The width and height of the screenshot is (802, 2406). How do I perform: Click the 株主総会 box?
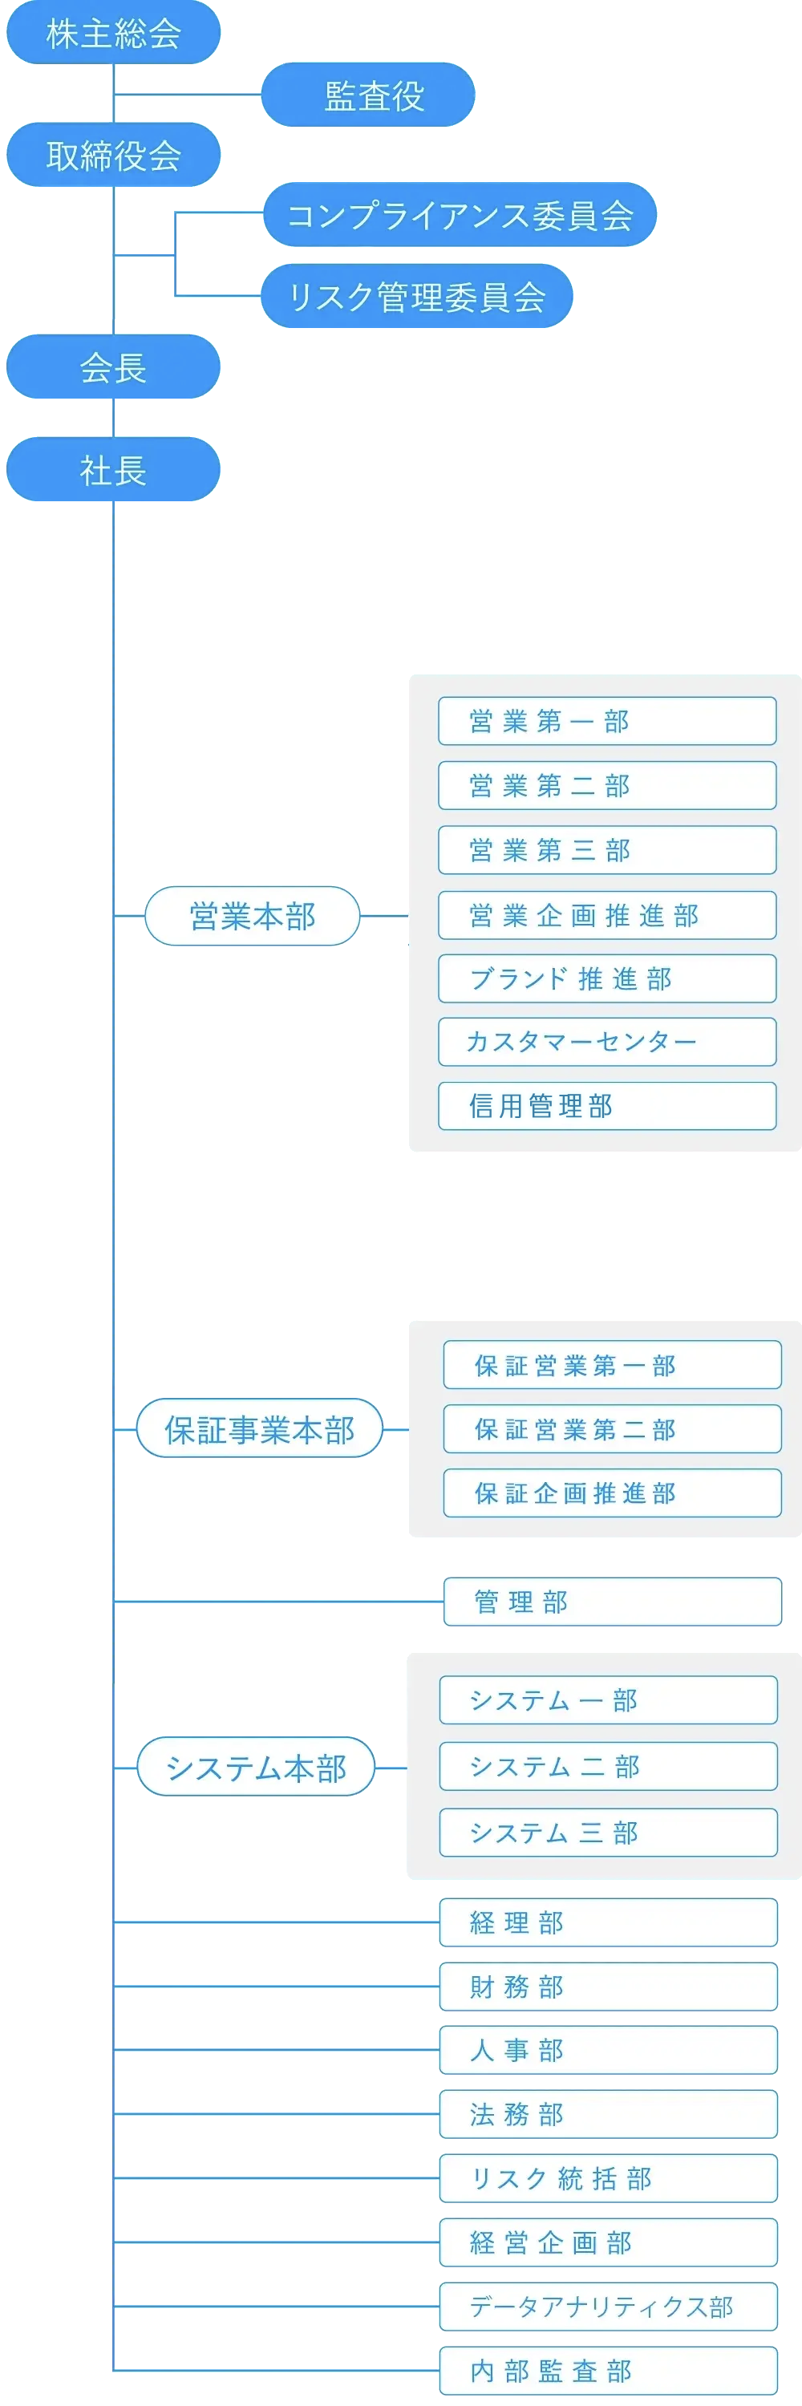pyautogui.click(x=113, y=34)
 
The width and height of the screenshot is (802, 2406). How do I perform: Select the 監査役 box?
pyautogui.click(x=369, y=95)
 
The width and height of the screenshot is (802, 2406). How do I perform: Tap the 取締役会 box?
pyautogui.click(x=113, y=155)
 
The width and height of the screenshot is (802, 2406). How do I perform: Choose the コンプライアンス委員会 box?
pyautogui.click(x=460, y=215)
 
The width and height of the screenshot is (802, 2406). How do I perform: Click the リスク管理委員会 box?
pyautogui.click(x=416, y=297)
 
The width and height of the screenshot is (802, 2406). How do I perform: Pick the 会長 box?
pyautogui.click(x=113, y=367)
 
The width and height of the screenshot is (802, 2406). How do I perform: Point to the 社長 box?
pyautogui.click(x=113, y=470)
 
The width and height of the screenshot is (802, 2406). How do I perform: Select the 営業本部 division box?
pyautogui.click(x=252, y=916)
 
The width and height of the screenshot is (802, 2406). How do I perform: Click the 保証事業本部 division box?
pyautogui.click(x=260, y=1429)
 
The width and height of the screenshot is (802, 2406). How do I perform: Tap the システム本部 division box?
pyautogui.click(x=256, y=1767)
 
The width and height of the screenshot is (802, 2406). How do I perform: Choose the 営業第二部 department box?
pyautogui.click(x=607, y=785)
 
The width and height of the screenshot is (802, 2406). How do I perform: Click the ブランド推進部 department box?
pyautogui.click(x=607, y=978)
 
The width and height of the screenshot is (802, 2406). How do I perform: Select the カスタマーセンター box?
pyautogui.click(x=607, y=1043)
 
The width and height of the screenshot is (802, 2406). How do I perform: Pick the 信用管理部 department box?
pyautogui.click(x=607, y=1107)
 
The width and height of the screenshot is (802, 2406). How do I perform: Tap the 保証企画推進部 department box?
pyautogui.click(x=612, y=1493)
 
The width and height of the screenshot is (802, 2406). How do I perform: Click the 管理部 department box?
pyautogui.click(x=612, y=1602)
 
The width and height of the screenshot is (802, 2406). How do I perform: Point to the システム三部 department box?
pyautogui.click(x=608, y=1833)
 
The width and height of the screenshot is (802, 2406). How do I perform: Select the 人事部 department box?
pyautogui.click(x=608, y=2051)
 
